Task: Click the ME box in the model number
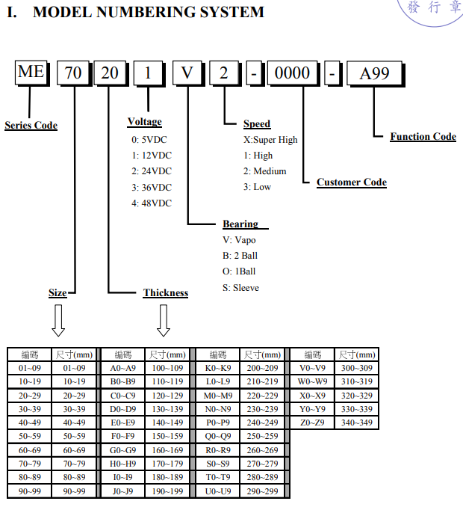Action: pos(31,73)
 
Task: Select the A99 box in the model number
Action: pos(375,73)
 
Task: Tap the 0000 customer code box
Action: pos(292,73)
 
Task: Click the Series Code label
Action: pos(31,126)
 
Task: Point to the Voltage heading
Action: pos(145,122)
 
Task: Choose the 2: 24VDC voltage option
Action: pos(152,171)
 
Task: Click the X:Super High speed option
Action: pos(270,140)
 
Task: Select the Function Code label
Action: pos(423,136)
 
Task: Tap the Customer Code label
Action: pos(352,182)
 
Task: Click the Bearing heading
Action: pos(240,224)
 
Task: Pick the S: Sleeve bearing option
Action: pos(240,288)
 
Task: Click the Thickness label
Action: pos(166,292)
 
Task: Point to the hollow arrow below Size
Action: pos(58,321)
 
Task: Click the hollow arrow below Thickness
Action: pos(164,321)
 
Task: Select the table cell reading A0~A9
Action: pos(123,368)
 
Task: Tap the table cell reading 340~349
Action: pos(357,423)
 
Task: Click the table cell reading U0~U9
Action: pos(218,491)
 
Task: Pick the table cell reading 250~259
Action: pos(263,436)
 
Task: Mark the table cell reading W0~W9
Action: pos(313,381)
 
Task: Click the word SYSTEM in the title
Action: pos(232,12)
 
